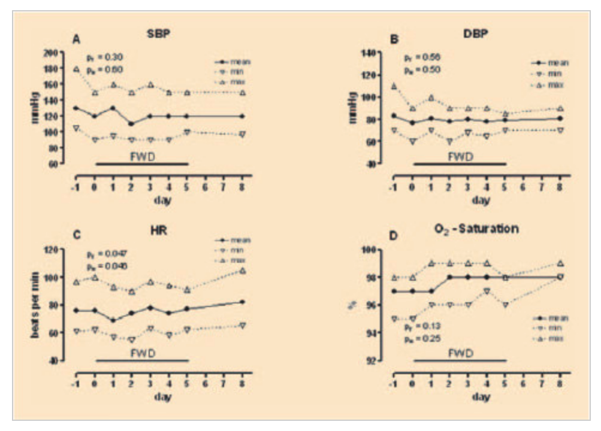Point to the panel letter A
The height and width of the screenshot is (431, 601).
pos(76,40)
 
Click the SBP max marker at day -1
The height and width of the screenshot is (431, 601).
pos(76,69)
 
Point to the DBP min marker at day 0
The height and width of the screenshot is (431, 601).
pos(412,142)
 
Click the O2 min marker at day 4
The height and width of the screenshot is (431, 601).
pos(487,291)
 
